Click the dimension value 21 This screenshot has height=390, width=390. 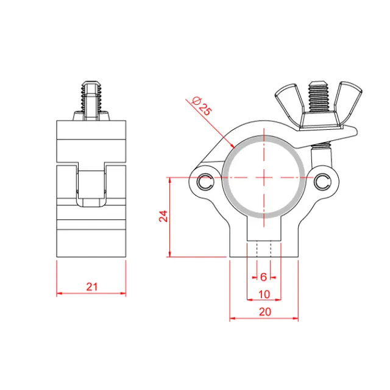click(91, 286)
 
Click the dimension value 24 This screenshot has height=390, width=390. click(163, 217)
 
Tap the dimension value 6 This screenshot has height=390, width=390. click(263, 276)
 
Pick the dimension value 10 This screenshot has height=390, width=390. click(263, 294)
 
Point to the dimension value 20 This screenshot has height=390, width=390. click(264, 311)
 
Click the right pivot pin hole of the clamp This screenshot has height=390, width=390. click(324, 180)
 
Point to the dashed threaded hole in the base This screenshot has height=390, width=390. click(263, 250)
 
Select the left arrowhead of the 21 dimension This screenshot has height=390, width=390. click(59, 293)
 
